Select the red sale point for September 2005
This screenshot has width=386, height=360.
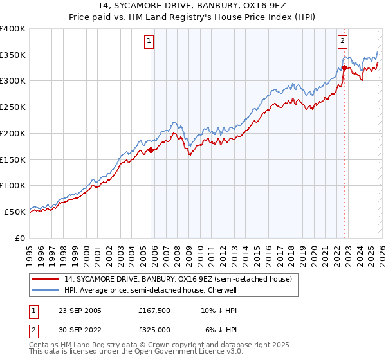(151, 150)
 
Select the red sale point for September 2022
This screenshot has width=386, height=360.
(345, 67)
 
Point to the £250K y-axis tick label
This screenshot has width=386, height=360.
(12, 107)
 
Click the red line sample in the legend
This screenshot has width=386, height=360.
(46, 279)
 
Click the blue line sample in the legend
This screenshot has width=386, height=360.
(46, 290)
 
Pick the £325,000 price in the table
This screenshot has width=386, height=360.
(154, 329)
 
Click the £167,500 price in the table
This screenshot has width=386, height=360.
(154, 310)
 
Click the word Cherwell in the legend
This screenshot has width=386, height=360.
(221, 290)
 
